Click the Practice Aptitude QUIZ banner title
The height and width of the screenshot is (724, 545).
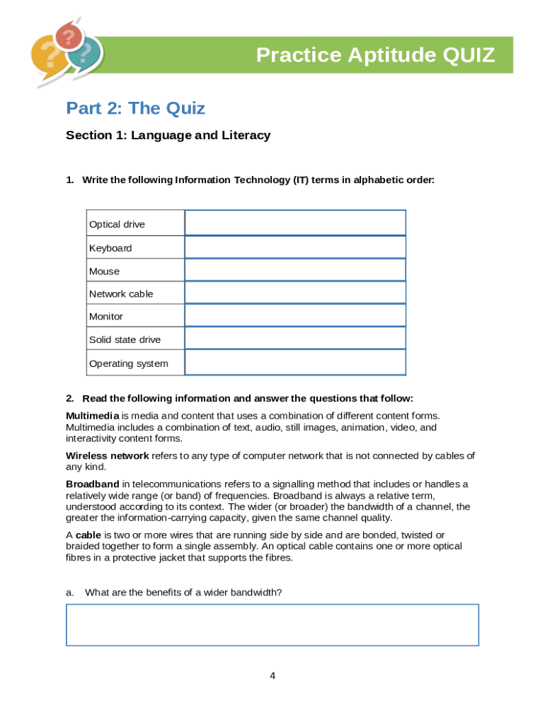[x=375, y=54]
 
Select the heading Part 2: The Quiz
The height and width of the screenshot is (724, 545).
[x=135, y=108]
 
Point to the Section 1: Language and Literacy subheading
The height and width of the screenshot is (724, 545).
[x=168, y=135]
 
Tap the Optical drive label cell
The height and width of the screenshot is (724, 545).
[x=117, y=224]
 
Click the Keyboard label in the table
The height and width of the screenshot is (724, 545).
[x=110, y=248]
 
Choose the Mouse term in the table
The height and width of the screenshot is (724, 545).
[x=105, y=271]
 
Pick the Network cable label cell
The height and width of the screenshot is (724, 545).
[x=121, y=294]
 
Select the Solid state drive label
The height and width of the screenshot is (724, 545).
[x=125, y=340]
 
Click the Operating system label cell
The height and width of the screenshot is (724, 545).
[x=129, y=363]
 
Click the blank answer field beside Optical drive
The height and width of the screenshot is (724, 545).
[x=295, y=223]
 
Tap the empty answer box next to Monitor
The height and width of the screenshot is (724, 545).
[x=295, y=315]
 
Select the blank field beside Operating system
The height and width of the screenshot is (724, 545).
[x=295, y=362]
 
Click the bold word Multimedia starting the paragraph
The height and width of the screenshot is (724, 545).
[x=93, y=416]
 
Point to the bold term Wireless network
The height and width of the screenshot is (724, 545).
[x=108, y=456]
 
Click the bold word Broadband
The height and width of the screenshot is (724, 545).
[x=93, y=484]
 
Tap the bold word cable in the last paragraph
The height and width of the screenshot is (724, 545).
[x=88, y=535]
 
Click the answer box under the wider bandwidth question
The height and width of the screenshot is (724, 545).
[x=272, y=625]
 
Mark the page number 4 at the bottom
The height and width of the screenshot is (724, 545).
[x=272, y=676]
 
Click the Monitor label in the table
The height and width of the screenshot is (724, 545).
[x=106, y=317]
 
